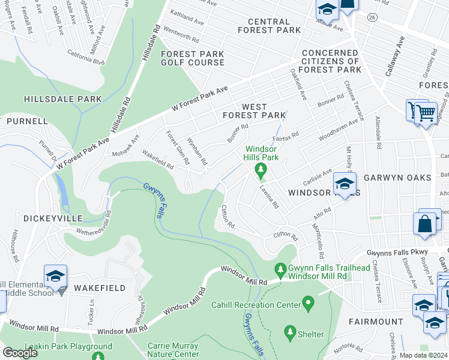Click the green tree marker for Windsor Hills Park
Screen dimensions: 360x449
click(x=261, y=171)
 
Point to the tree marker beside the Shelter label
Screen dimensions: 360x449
click(x=290, y=333)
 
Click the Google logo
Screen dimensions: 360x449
click(x=20, y=353)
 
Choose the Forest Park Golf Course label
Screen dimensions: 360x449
click(x=192, y=58)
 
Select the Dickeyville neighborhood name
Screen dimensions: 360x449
click(x=49, y=219)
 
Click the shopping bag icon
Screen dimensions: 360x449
click(x=424, y=224)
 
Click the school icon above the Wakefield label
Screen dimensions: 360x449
click(x=55, y=277)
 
